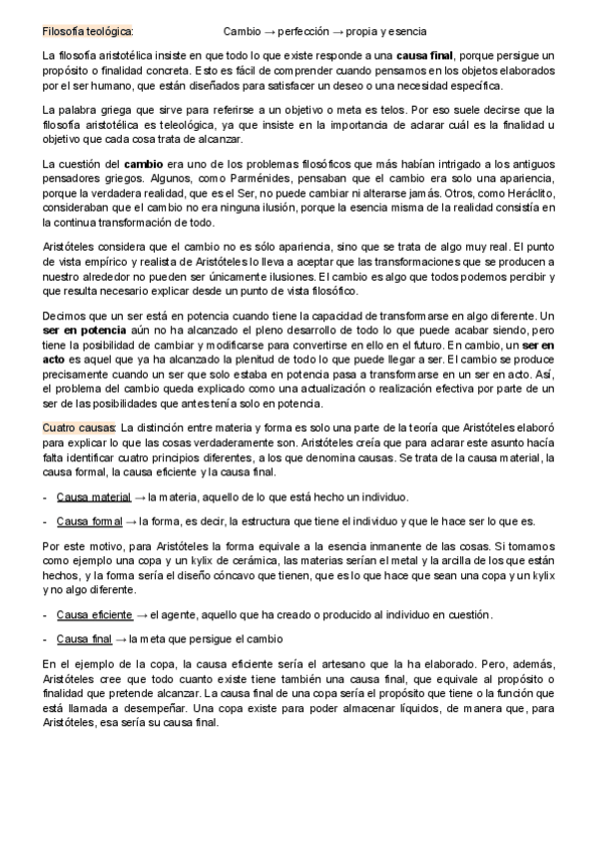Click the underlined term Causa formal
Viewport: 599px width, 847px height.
90,520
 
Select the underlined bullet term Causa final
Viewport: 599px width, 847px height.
84,638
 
